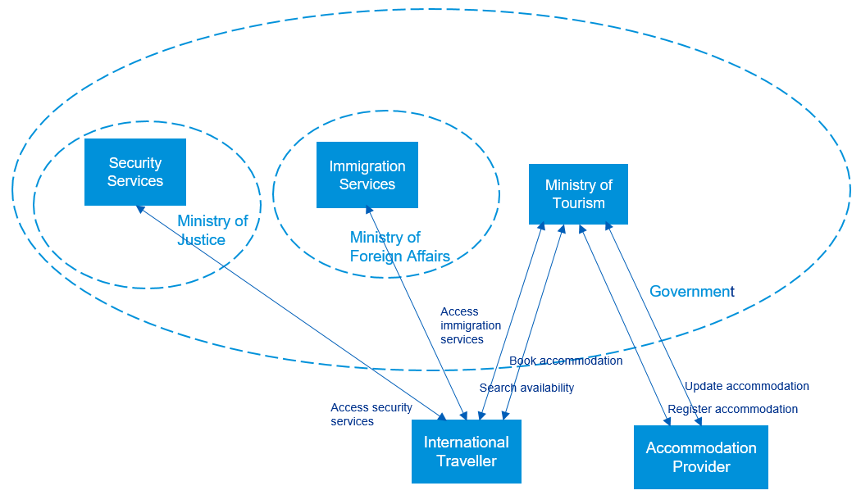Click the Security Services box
[x=135, y=172]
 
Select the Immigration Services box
[x=367, y=175]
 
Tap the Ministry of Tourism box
[x=578, y=194]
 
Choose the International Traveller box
[x=466, y=452]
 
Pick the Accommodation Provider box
[x=701, y=457]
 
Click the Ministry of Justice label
[x=212, y=230]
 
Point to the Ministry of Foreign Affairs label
[x=399, y=247]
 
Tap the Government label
[x=691, y=292]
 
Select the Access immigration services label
[x=462, y=325]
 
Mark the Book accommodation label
[x=566, y=361]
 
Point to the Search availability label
[x=526, y=388]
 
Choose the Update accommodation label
[x=746, y=386]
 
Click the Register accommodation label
[x=732, y=409]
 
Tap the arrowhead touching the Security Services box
[x=140, y=209]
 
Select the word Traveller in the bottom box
[x=466, y=461]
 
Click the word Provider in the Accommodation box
[x=701, y=467]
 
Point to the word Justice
[x=201, y=239]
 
